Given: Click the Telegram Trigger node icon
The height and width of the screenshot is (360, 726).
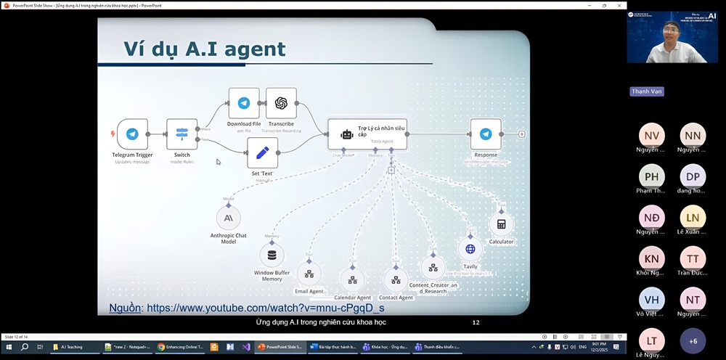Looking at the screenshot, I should (132, 134).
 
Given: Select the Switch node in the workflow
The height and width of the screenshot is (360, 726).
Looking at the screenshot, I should (181, 134).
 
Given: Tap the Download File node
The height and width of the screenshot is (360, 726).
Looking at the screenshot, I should (244, 103).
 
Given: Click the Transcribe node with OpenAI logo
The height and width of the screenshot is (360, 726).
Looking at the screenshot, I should (281, 103).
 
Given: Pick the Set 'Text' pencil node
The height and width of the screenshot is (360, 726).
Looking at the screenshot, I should (262, 153).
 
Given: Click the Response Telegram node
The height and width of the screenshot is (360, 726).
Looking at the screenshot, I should (486, 134).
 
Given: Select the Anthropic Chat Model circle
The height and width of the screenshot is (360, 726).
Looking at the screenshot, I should (228, 218).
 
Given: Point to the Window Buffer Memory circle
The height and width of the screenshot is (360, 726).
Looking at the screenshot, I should (272, 255).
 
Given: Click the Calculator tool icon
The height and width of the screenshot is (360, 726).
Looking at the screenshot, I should (501, 224).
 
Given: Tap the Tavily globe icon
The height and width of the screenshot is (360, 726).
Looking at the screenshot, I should (470, 249).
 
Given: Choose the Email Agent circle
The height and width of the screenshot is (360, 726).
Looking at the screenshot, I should (309, 274).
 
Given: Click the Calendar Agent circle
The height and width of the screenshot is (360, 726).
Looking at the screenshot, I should (352, 279).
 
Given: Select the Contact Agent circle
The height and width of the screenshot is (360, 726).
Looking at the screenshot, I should (396, 279).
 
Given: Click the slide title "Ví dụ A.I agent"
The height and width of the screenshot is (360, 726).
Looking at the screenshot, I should (204, 49).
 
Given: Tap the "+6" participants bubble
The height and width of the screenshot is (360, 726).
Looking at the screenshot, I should (693, 340).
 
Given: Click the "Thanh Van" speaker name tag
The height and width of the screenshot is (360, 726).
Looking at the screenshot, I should (647, 91).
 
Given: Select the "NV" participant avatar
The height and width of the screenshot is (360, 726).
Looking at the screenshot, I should (651, 135).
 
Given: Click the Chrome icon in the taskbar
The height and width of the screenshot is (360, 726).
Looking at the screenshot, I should (161, 347).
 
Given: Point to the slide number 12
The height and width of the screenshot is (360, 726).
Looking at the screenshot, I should (476, 322).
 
